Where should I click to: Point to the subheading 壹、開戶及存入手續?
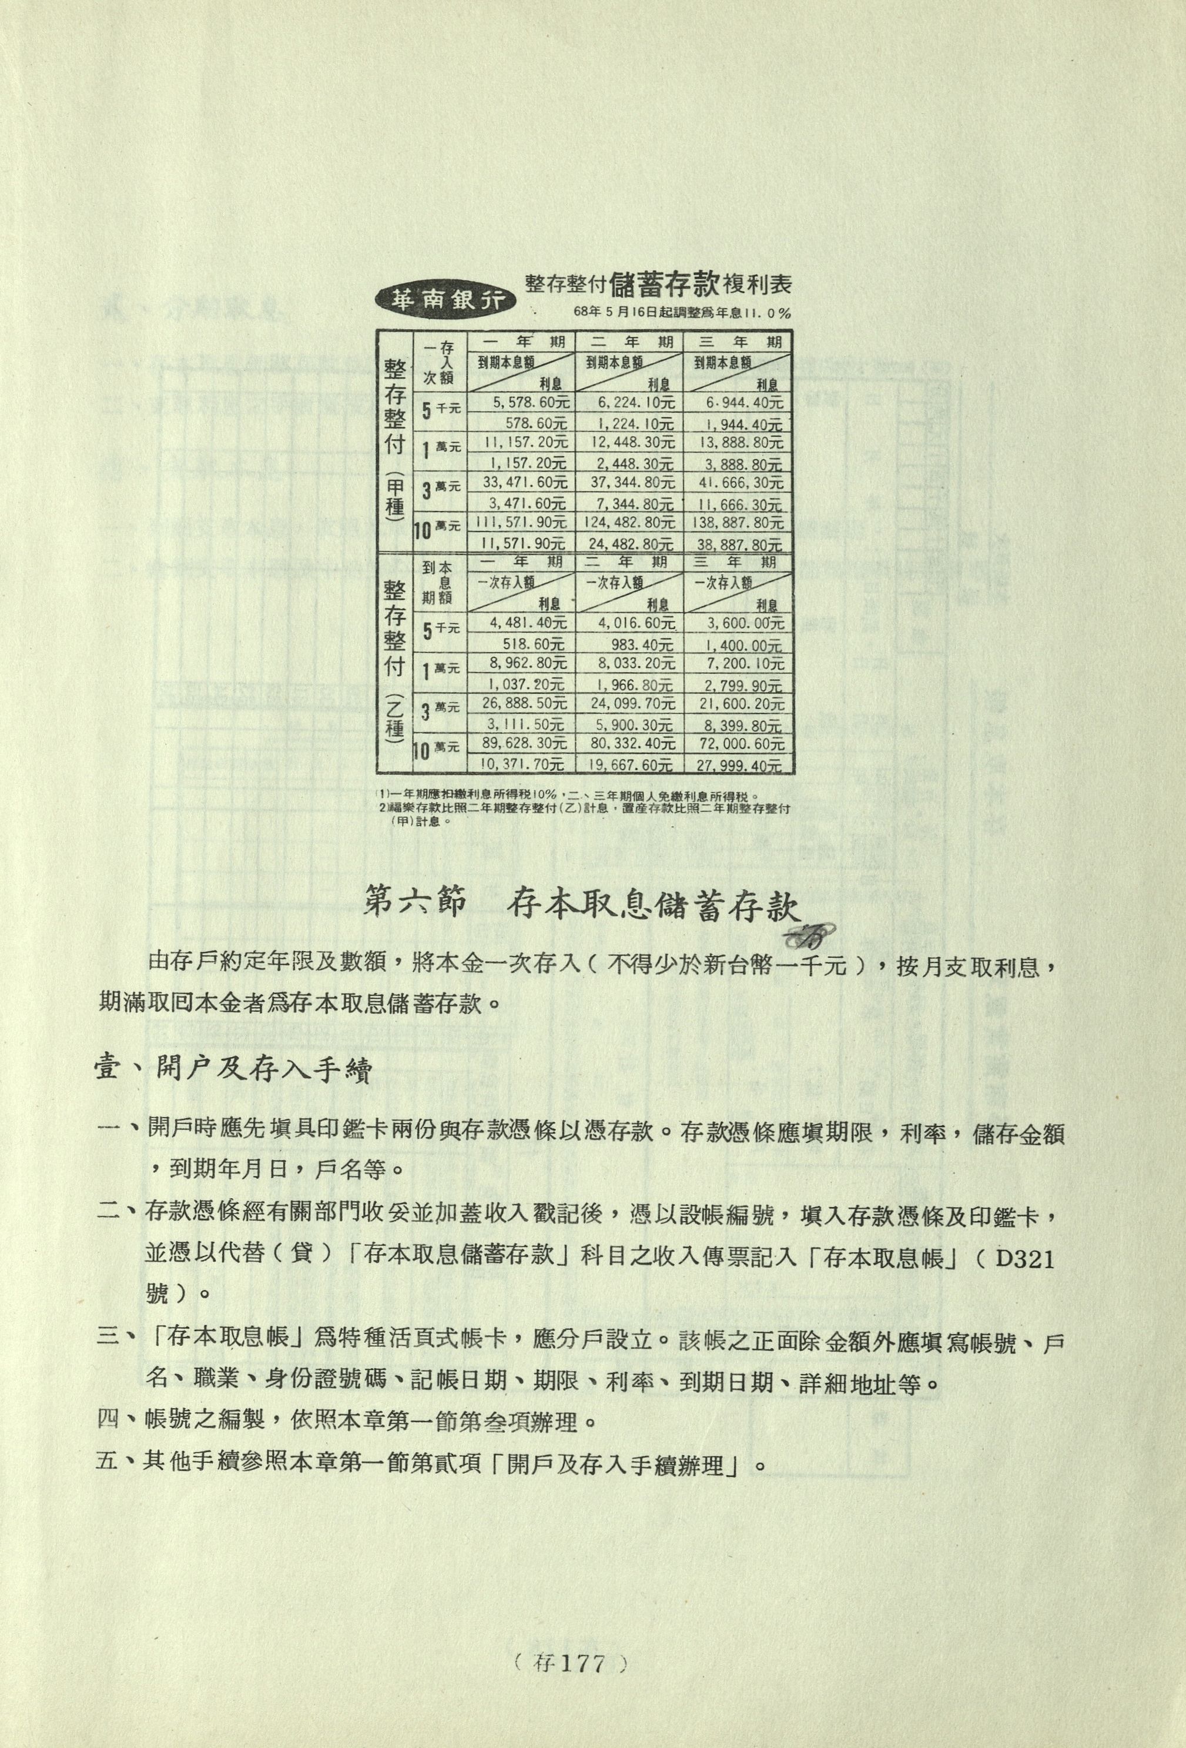(x=233, y=1070)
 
